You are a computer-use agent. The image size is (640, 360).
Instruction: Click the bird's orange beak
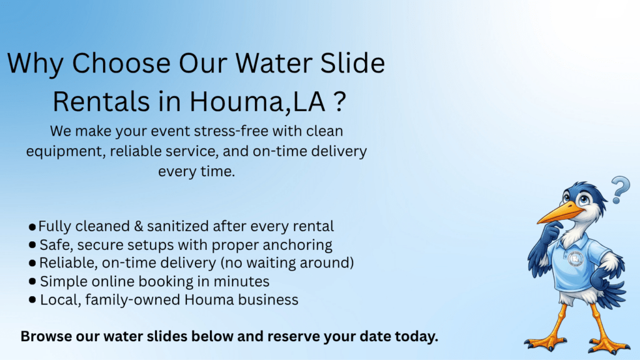(552, 214)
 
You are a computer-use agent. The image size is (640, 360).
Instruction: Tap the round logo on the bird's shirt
(576, 259)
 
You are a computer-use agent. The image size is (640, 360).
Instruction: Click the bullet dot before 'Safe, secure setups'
(32, 245)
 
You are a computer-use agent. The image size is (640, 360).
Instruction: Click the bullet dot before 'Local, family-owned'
(32, 300)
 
